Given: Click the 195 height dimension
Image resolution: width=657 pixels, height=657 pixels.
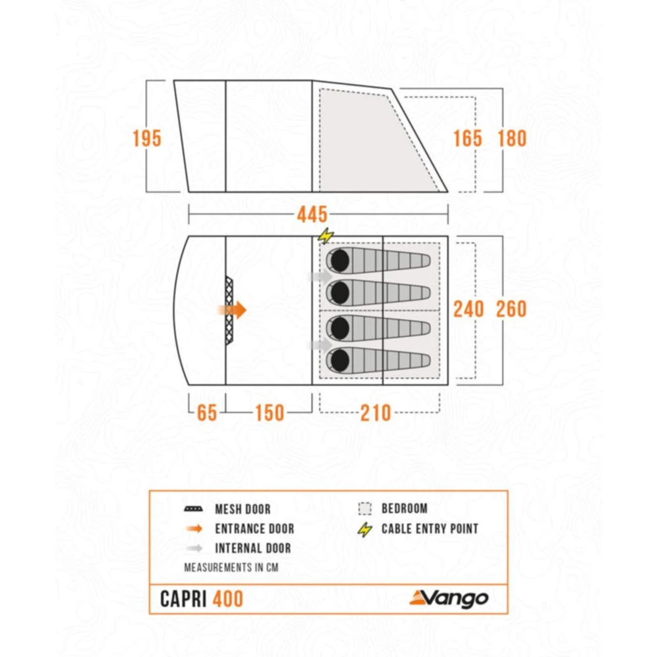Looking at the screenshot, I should [x=147, y=139].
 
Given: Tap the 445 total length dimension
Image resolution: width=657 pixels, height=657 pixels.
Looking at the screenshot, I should [x=311, y=214].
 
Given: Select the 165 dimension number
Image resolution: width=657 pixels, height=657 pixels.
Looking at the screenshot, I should [x=467, y=139].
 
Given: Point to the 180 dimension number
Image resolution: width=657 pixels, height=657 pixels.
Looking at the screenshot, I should [x=512, y=139].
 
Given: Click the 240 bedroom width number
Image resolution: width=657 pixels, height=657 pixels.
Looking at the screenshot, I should [x=468, y=309].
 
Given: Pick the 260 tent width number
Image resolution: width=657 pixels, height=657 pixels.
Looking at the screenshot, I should [x=512, y=309].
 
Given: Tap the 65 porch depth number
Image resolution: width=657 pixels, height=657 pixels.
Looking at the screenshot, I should [x=206, y=413].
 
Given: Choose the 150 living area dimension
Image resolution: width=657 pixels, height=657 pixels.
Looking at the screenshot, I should [x=269, y=413].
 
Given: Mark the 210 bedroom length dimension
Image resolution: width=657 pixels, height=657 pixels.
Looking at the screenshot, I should [x=376, y=413].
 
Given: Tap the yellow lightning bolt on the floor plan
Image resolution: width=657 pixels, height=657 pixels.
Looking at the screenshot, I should [x=325, y=235].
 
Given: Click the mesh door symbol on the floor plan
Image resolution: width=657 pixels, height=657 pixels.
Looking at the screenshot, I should [x=229, y=310].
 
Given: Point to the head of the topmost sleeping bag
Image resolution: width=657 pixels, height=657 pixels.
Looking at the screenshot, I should [x=339, y=261].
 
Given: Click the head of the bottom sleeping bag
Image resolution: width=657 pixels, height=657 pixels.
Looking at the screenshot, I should [x=339, y=359].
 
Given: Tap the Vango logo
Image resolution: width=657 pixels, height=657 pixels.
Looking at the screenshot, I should [x=449, y=598].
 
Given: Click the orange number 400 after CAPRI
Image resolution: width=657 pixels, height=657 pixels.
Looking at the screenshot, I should [x=227, y=599].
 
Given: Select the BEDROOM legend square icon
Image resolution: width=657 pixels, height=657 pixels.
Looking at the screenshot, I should [x=365, y=509].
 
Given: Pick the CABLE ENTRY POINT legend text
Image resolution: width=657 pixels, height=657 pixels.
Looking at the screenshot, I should [x=430, y=528].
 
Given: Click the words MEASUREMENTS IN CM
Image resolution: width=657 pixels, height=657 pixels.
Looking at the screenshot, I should [x=231, y=567].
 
